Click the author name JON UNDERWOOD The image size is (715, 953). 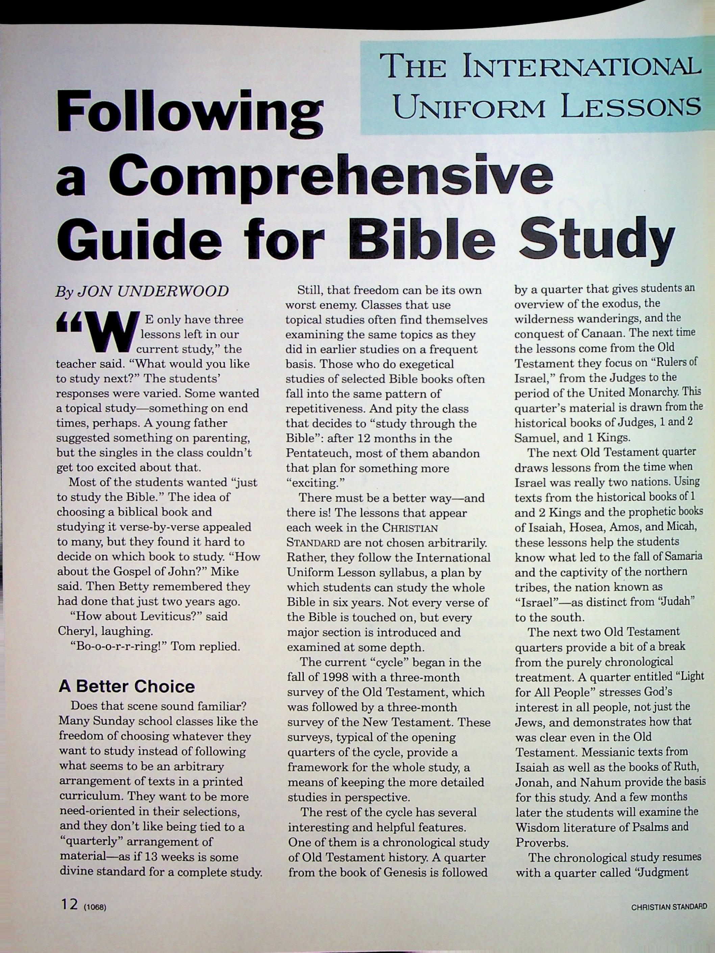pyautogui.click(x=153, y=292)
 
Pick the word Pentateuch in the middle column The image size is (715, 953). pyautogui.click(x=319, y=453)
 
